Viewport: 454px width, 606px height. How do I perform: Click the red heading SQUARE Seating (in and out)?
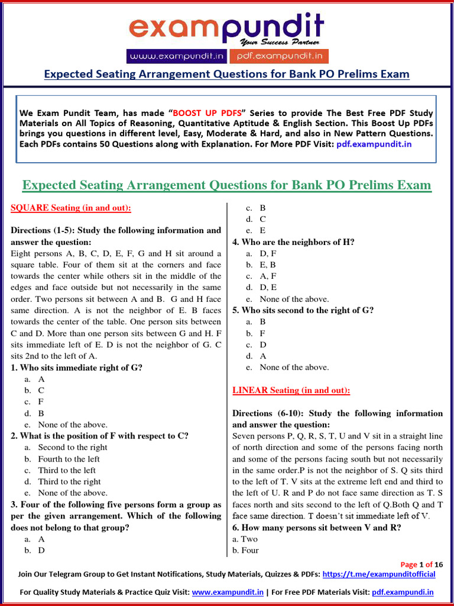click(x=71, y=208)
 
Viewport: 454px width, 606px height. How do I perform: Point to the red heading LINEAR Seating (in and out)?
click(x=291, y=391)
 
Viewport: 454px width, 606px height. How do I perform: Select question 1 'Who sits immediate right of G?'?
click(x=77, y=368)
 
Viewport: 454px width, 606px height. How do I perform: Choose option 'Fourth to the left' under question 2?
click(x=69, y=459)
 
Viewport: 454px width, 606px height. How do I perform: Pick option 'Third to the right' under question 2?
click(x=69, y=482)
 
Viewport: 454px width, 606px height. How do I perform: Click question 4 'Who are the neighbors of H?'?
click(x=293, y=242)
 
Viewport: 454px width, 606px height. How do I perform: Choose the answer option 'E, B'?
click(x=267, y=265)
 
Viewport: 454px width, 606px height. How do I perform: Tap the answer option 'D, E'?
click(x=267, y=288)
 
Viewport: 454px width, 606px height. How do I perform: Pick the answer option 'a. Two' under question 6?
click(x=245, y=539)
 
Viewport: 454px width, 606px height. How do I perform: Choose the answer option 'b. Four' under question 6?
click(x=246, y=550)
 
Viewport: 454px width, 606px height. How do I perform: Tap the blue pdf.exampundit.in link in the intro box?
click(x=374, y=144)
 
